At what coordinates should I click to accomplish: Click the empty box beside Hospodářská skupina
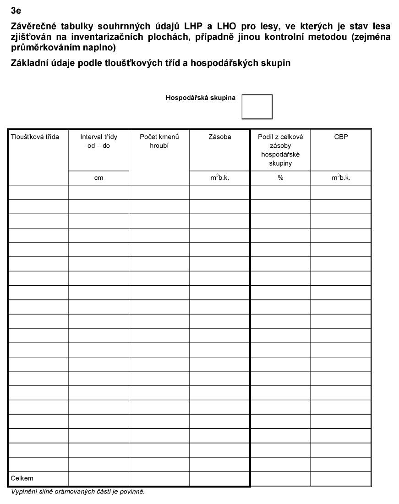pyautogui.click(x=257, y=106)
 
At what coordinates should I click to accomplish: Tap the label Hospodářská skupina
pyautogui.click(x=201, y=98)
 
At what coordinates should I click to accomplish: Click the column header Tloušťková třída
pyautogui.click(x=35, y=137)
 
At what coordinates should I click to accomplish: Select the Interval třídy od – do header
pyautogui.click(x=98, y=141)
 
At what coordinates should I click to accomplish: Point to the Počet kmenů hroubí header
pyautogui.click(x=159, y=141)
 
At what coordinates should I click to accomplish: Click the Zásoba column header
pyautogui.click(x=220, y=137)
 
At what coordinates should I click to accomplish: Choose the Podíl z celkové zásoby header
pyautogui.click(x=280, y=150)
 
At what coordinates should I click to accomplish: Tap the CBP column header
pyautogui.click(x=341, y=137)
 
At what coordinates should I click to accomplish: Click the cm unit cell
pyautogui.click(x=98, y=178)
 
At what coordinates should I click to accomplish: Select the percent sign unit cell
pyautogui.click(x=280, y=178)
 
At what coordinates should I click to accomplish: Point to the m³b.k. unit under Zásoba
pyautogui.click(x=220, y=178)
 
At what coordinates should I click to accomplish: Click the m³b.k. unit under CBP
pyautogui.click(x=341, y=178)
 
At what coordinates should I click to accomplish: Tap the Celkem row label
pyautogui.click(x=22, y=478)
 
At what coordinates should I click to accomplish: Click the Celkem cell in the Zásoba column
pyautogui.click(x=220, y=478)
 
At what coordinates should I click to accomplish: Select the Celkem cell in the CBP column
pyautogui.click(x=341, y=478)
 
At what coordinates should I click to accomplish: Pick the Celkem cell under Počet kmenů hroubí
pyautogui.click(x=159, y=478)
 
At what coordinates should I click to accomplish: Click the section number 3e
pyautogui.click(x=16, y=10)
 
